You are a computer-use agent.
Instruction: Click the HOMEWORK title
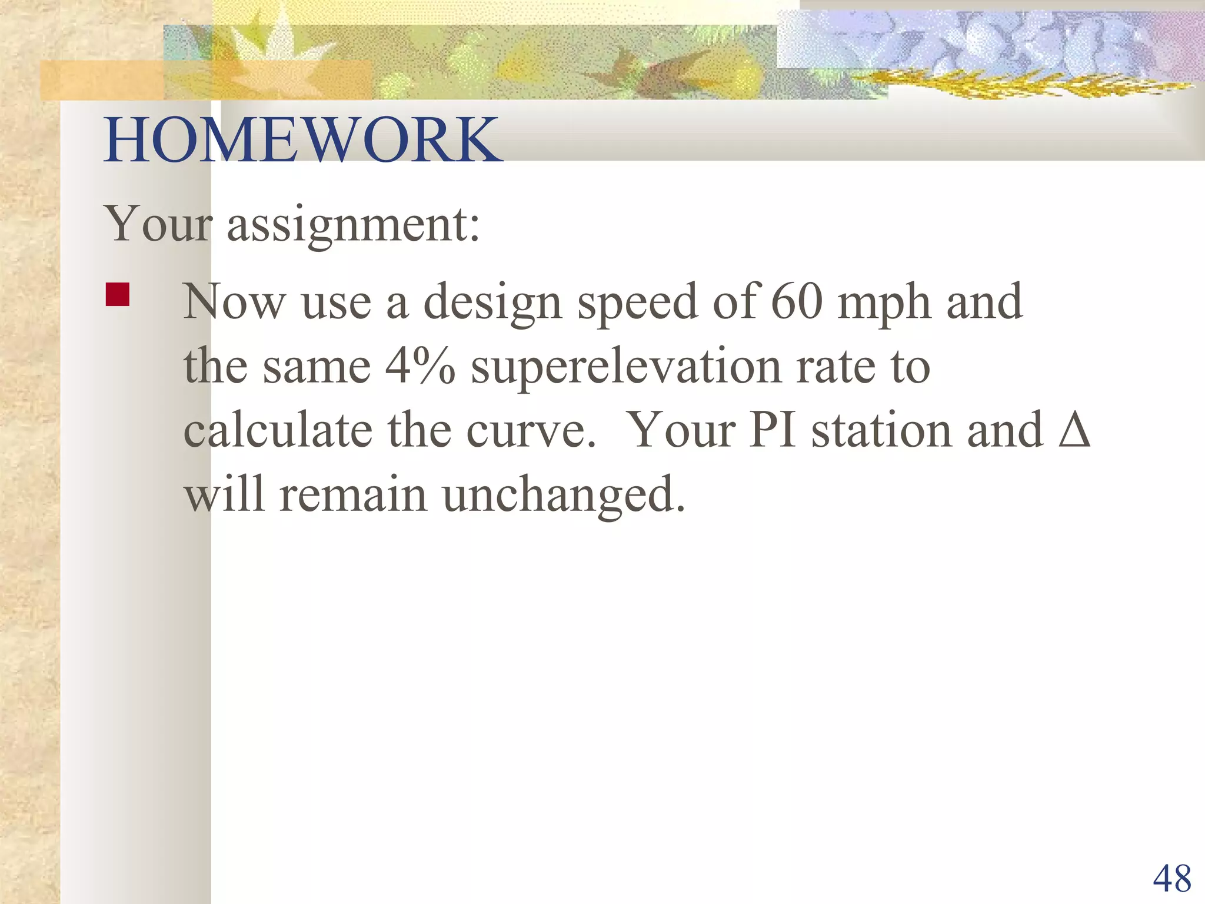(302, 140)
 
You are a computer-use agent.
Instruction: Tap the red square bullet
(117, 295)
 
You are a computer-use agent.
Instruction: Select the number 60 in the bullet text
(796, 301)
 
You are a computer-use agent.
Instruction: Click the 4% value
(420, 366)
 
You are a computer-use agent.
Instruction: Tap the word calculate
(278, 430)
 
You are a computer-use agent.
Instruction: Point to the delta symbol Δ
(1074, 430)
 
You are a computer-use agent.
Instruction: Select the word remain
(352, 494)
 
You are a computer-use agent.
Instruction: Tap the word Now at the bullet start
(234, 301)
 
